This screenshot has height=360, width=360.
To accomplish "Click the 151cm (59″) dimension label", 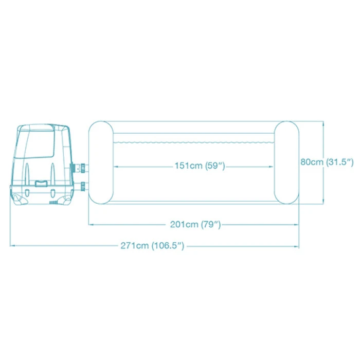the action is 200,166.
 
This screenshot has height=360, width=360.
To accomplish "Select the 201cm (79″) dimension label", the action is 195,224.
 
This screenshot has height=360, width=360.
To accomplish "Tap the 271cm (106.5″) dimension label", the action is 152,246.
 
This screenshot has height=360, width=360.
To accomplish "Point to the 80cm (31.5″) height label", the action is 327,162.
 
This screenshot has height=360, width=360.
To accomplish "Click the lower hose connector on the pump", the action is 82,186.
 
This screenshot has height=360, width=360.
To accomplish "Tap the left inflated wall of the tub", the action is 101,163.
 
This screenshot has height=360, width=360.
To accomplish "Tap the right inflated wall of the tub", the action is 287,163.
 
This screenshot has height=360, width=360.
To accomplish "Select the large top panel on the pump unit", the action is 36,141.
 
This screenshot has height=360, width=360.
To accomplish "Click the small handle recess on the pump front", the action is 41,184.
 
